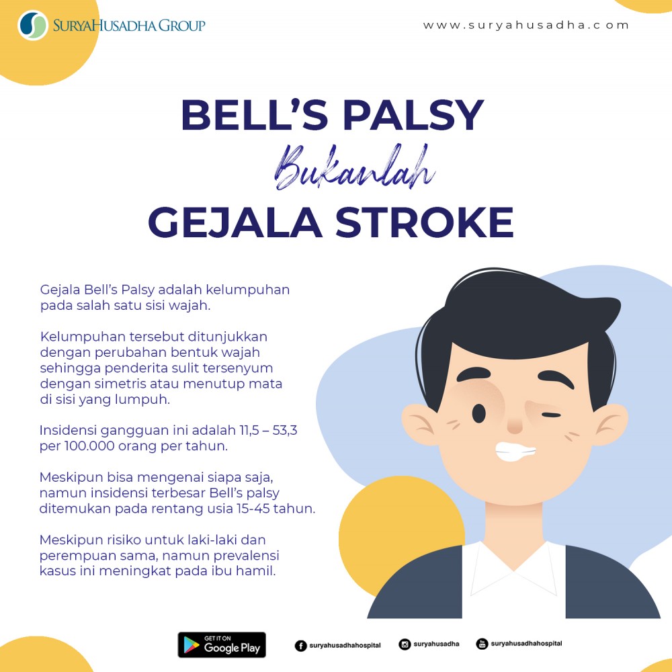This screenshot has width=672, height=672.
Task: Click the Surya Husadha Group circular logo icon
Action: coord(33,26)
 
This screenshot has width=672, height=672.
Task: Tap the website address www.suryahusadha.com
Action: coord(526,25)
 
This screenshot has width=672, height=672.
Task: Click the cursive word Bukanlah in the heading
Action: coord(354,167)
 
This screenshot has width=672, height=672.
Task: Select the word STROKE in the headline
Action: coord(424,222)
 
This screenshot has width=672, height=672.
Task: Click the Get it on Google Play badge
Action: coord(222,644)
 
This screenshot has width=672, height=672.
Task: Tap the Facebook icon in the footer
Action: coord(300,645)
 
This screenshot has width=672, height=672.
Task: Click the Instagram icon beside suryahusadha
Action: coord(405,644)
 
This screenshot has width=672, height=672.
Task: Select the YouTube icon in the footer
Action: coord(482,644)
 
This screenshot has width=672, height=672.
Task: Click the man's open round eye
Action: coord(478,414)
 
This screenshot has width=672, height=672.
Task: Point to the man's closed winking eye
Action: coord(551,415)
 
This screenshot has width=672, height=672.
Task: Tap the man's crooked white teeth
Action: coord(514,452)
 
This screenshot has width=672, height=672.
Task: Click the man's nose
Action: coord(515,426)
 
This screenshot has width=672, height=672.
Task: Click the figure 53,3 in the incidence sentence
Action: coord(284,430)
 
